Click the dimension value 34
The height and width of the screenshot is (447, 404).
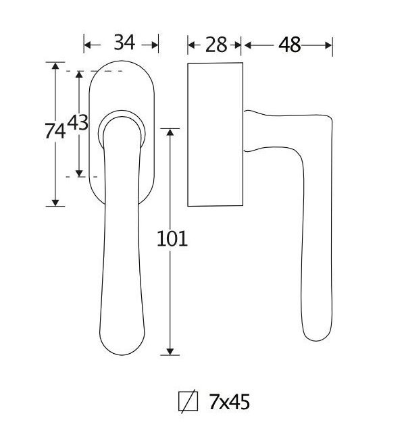(124, 43)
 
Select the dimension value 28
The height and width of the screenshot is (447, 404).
(215, 45)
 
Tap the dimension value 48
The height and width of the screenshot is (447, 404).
(289, 45)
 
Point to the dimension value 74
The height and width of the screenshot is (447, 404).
(55, 131)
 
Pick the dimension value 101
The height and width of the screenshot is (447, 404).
(171, 238)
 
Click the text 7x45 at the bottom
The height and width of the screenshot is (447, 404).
(230, 402)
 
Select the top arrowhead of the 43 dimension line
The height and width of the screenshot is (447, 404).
(80, 74)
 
